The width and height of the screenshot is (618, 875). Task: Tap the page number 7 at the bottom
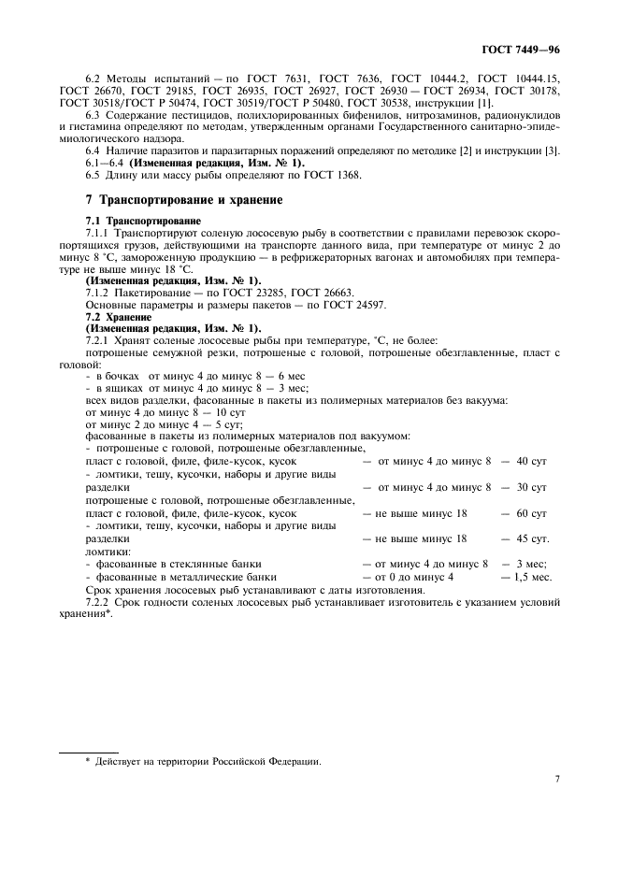pos(556,778)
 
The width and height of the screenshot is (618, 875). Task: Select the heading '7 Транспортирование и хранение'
pos(183,200)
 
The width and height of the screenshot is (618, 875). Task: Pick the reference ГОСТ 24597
pos(355,306)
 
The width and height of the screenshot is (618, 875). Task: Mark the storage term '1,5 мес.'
pos(530,577)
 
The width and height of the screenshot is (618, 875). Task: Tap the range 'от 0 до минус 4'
pos(414,577)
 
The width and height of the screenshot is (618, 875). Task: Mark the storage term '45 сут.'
pos(530,538)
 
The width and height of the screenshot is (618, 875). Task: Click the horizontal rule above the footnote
pos(89,751)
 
